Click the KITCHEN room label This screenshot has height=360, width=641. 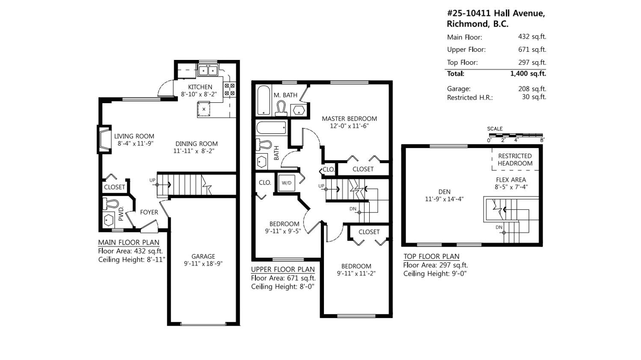[200, 87]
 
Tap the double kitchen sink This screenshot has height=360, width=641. [208, 70]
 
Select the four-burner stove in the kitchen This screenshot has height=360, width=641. [229, 89]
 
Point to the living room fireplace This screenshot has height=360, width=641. [104, 140]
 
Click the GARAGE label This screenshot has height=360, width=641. [203, 256]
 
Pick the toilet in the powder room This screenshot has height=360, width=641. [110, 204]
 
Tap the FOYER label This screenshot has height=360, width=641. [149, 212]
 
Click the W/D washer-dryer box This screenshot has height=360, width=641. [287, 183]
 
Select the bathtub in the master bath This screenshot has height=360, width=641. [264, 101]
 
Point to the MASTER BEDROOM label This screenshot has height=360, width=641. [349, 119]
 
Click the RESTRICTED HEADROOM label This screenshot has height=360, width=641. [515, 160]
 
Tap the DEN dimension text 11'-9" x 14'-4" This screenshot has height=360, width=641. [444, 199]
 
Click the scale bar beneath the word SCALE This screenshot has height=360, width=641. [516, 135]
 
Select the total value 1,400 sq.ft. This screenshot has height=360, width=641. [528, 74]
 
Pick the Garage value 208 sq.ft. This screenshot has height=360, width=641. [532, 89]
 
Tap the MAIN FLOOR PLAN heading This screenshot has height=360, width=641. [129, 242]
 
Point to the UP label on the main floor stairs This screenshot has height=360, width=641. [152, 180]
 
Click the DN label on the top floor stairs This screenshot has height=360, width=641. [499, 227]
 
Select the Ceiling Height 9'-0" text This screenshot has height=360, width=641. [435, 274]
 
